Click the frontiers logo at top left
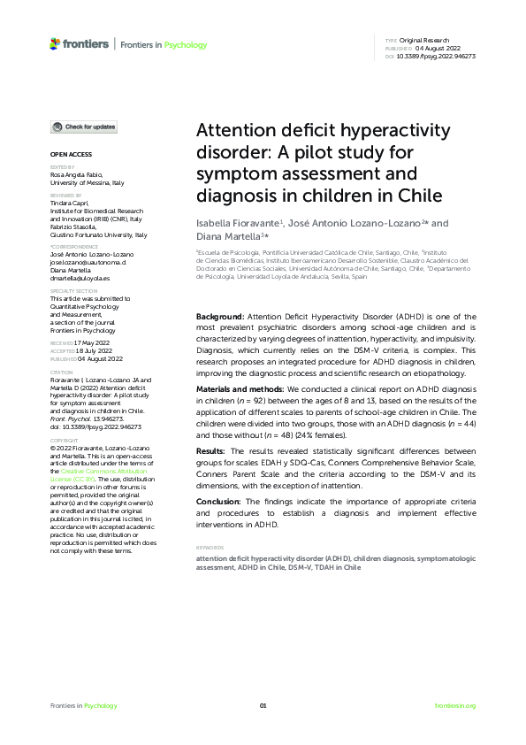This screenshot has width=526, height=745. pos(80,44)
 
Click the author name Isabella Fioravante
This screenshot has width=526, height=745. pos(237,224)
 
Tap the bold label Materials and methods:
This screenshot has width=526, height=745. pos(239,389)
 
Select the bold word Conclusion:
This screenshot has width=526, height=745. pos(217,501)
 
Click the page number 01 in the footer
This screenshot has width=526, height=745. pos(263,705)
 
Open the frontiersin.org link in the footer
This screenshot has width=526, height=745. pos(455,705)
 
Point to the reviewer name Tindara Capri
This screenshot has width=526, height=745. pos(68,202)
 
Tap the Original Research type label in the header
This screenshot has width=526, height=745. pos(426,41)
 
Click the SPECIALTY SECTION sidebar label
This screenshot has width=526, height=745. pos(73,290)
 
